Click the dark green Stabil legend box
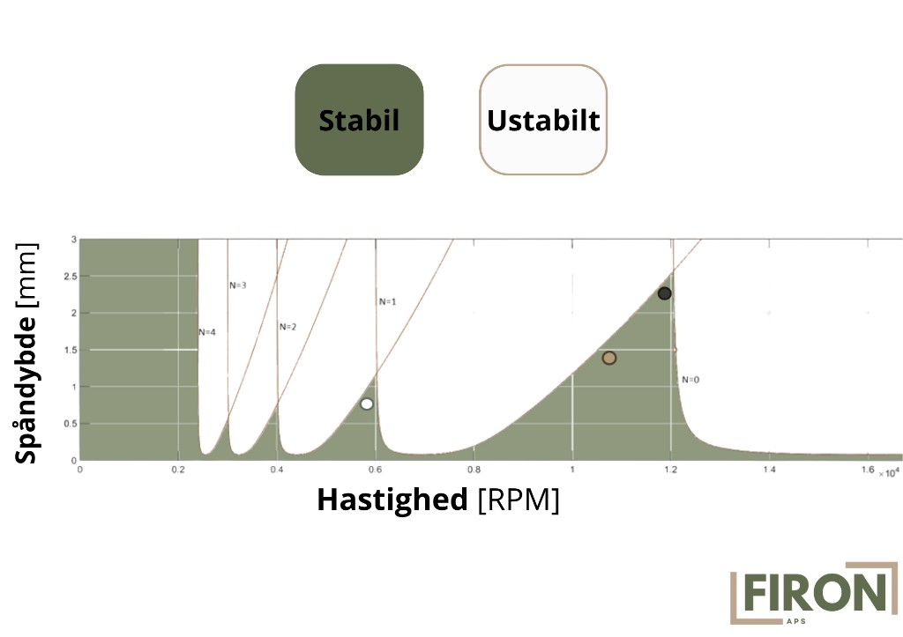click(360, 120)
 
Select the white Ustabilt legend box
click(543, 120)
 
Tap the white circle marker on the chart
click(367, 404)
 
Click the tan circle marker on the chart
click(609, 358)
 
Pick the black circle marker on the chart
click(665, 293)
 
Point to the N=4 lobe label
click(207, 332)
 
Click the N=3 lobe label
click(238, 285)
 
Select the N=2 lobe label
click(288, 327)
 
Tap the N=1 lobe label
click(388, 301)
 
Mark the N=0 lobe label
click(690, 380)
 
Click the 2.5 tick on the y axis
click(70, 276)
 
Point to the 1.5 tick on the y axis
click(70, 350)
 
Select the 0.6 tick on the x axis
click(375, 470)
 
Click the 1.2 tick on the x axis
click(671, 470)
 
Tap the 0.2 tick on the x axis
click(178, 470)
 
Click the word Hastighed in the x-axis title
click(392, 500)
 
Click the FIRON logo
click(814, 593)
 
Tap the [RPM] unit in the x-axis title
click(519, 500)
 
